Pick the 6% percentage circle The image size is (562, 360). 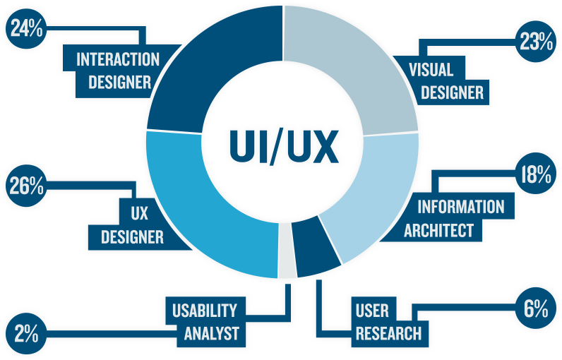534,308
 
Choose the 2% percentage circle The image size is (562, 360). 25,332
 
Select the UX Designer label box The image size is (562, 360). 132,224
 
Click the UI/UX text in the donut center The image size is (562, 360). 283,144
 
